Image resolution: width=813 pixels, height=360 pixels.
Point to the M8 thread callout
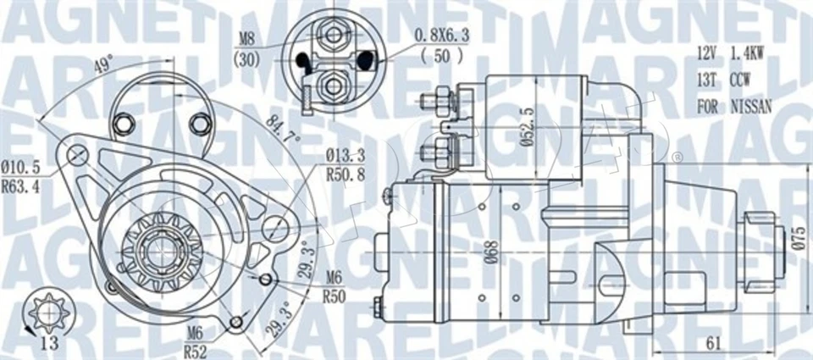(x=246, y=37)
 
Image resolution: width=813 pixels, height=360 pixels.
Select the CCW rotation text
(x=741, y=80)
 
